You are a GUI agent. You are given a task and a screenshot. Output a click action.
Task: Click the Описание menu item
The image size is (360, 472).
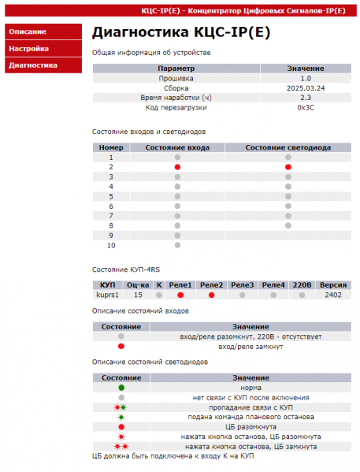pyautogui.click(x=28, y=32)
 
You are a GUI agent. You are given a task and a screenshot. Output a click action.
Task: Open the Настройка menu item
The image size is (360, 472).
pyautogui.click(x=29, y=48)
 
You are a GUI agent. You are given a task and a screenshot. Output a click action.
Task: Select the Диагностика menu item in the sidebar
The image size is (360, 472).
pyautogui.click(x=33, y=65)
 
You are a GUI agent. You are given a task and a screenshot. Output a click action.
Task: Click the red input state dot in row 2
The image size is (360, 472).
pyautogui.click(x=178, y=168)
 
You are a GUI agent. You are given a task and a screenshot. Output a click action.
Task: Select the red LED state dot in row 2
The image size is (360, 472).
pyautogui.click(x=288, y=168)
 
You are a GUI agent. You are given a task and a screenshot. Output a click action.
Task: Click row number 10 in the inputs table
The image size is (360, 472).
pyautogui.click(x=112, y=245)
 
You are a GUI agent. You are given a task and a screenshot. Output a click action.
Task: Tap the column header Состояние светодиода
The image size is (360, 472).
pyautogui.click(x=288, y=147)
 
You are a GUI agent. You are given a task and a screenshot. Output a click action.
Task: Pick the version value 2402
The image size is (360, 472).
pyautogui.click(x=333, y=295)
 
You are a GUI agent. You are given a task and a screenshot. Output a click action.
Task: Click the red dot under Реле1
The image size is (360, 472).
pyautogui.click(x=180, y=295)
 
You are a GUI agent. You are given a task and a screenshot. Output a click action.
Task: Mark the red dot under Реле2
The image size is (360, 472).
pyautogui.click(x=211, y=295)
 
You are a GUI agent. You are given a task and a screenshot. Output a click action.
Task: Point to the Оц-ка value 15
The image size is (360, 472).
pyautogui.click(x=138, y=295)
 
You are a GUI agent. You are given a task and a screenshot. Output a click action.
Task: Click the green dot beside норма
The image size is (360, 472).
pyautogui.click(x=121, y=388)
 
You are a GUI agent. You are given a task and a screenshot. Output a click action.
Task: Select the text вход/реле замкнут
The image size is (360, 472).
pyautogui.click(x=251, y=346)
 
